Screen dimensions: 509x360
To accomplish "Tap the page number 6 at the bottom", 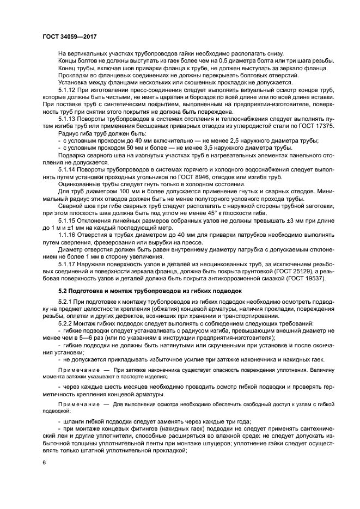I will click(x=44, y=462).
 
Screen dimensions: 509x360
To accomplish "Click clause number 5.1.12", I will click(x=69, y=89).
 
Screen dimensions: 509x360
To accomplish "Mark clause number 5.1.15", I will click(x=69, y=222).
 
